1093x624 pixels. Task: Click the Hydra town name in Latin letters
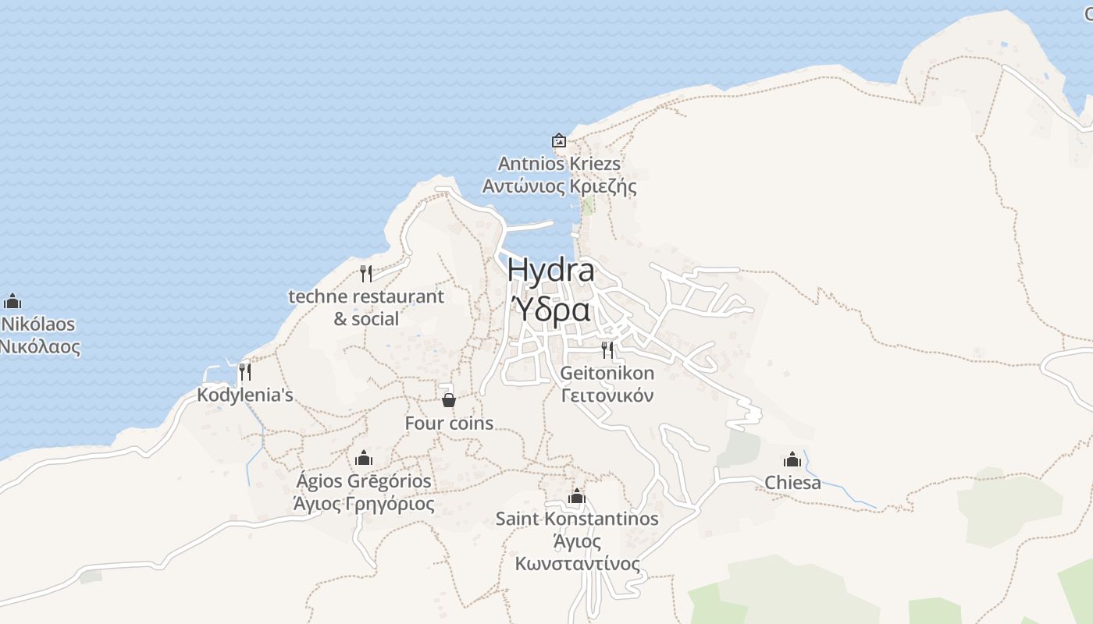pyautogui.click(x=550, y=270)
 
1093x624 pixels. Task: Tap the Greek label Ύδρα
pyautogui.click(x=550, y=310)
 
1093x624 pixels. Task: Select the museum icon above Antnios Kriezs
pyautogui.click(x=559, y=141)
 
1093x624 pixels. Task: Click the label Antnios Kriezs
pyautogui.click(x=559, y=164)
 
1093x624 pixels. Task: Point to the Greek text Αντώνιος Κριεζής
pyautogui.click(x=559, y=186)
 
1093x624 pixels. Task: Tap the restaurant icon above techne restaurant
pyautogui.click(x=365, y=273)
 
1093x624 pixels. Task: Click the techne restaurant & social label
pyautogui.click(x=366, y=307)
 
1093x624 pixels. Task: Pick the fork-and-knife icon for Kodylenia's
pyautogui.click(x=245, y=371)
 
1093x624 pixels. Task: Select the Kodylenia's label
pyautogui.click(x=245, y=395)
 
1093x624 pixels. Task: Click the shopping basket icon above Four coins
pyautogui.click(x=449, y=400)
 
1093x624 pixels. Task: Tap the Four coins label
pyautogui.click(x=449, y=423)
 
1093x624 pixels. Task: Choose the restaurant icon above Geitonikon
pyautogui.click(x=607, y=349)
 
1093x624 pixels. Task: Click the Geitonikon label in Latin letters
pyautogui.click(x=607, y=373)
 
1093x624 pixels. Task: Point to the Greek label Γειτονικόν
pyautogui.click(x=607, y=395)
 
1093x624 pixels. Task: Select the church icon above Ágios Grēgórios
pyautogui.click(x=363, y=458)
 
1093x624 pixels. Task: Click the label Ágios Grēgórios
pyautogui.click(x=363, y=480)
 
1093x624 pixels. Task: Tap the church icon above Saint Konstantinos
pyautogui.click(x=577, y=496)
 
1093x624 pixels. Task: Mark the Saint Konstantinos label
pyautogui.click(x=577, y=519)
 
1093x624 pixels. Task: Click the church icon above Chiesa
pyautogui.click(x=792, y=459)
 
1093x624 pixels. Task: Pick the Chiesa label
pyautogui.click(x=792, y=483)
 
